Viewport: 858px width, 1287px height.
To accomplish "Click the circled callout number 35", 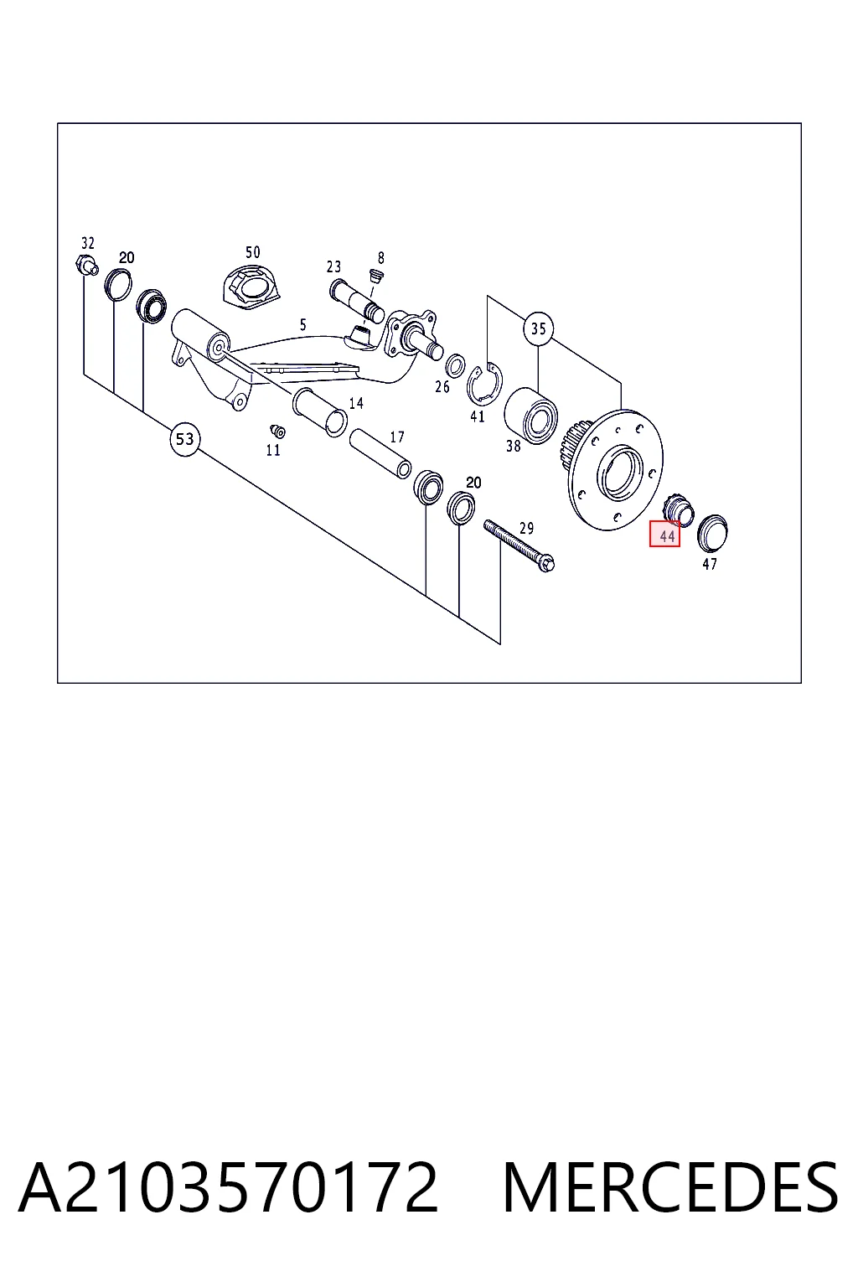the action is point(538,328).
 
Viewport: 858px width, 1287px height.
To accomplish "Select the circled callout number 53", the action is point(184,440).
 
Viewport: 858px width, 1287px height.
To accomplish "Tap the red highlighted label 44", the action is point(665,534).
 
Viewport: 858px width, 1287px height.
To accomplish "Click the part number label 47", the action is point(710,564).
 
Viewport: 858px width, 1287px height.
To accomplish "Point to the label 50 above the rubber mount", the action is point(253,252).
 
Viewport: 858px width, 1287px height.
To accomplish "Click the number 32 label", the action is point(87,242).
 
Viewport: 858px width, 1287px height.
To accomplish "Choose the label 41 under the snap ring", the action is point(478,416).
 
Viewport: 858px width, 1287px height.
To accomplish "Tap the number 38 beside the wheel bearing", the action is point(513,446).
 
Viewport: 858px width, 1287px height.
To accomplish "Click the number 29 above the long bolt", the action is point(526,528).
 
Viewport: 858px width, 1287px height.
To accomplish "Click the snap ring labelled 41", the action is point(484,385).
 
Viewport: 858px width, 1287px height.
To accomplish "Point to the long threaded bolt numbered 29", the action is point(519,545).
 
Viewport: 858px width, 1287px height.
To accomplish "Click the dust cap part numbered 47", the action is point(712,532).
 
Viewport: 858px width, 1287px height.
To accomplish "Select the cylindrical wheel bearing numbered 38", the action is point(531,416).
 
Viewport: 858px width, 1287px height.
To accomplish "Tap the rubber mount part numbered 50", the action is point(251,287).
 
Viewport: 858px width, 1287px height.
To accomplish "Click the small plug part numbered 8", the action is point(376,276).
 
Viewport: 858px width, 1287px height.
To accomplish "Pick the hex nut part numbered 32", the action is point(86,266).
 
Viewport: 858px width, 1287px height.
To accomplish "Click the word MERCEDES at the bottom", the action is point(670,1187).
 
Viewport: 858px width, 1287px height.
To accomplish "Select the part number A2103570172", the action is point(228,1187).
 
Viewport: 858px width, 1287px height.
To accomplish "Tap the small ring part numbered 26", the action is point(455,365).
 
